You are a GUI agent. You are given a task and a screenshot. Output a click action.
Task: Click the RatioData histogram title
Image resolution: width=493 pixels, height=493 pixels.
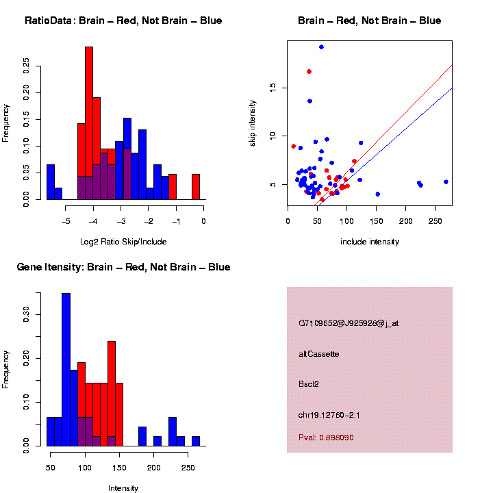coord(123,21)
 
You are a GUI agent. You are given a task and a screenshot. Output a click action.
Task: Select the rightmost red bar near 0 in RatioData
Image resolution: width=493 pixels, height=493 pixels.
coord(196,186)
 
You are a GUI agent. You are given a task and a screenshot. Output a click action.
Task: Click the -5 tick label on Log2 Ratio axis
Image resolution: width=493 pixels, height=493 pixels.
coord(66,221)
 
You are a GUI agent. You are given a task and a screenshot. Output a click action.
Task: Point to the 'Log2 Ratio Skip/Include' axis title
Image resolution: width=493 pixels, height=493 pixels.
coord(123,242)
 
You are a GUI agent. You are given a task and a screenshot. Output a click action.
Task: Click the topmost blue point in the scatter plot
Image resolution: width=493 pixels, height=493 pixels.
coord(321,47)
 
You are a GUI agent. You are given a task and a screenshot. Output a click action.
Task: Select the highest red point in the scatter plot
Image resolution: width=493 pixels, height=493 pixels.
coord(309,71)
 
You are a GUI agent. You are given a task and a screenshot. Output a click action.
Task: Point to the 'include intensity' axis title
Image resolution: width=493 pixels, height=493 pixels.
coord(370,242)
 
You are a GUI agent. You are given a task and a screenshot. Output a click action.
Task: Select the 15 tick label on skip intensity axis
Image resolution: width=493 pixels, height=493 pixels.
coord(272,88)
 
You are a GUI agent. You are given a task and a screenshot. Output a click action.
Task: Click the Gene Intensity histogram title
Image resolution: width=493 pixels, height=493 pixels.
coord(123,267)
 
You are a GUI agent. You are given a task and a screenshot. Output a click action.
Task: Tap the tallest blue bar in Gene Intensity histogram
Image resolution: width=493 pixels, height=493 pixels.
coord(66,370)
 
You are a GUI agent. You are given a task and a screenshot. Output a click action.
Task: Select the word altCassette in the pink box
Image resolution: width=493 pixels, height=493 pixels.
coord(319,354)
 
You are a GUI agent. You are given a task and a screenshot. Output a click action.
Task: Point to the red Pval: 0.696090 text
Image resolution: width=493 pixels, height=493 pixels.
coord(326,438)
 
